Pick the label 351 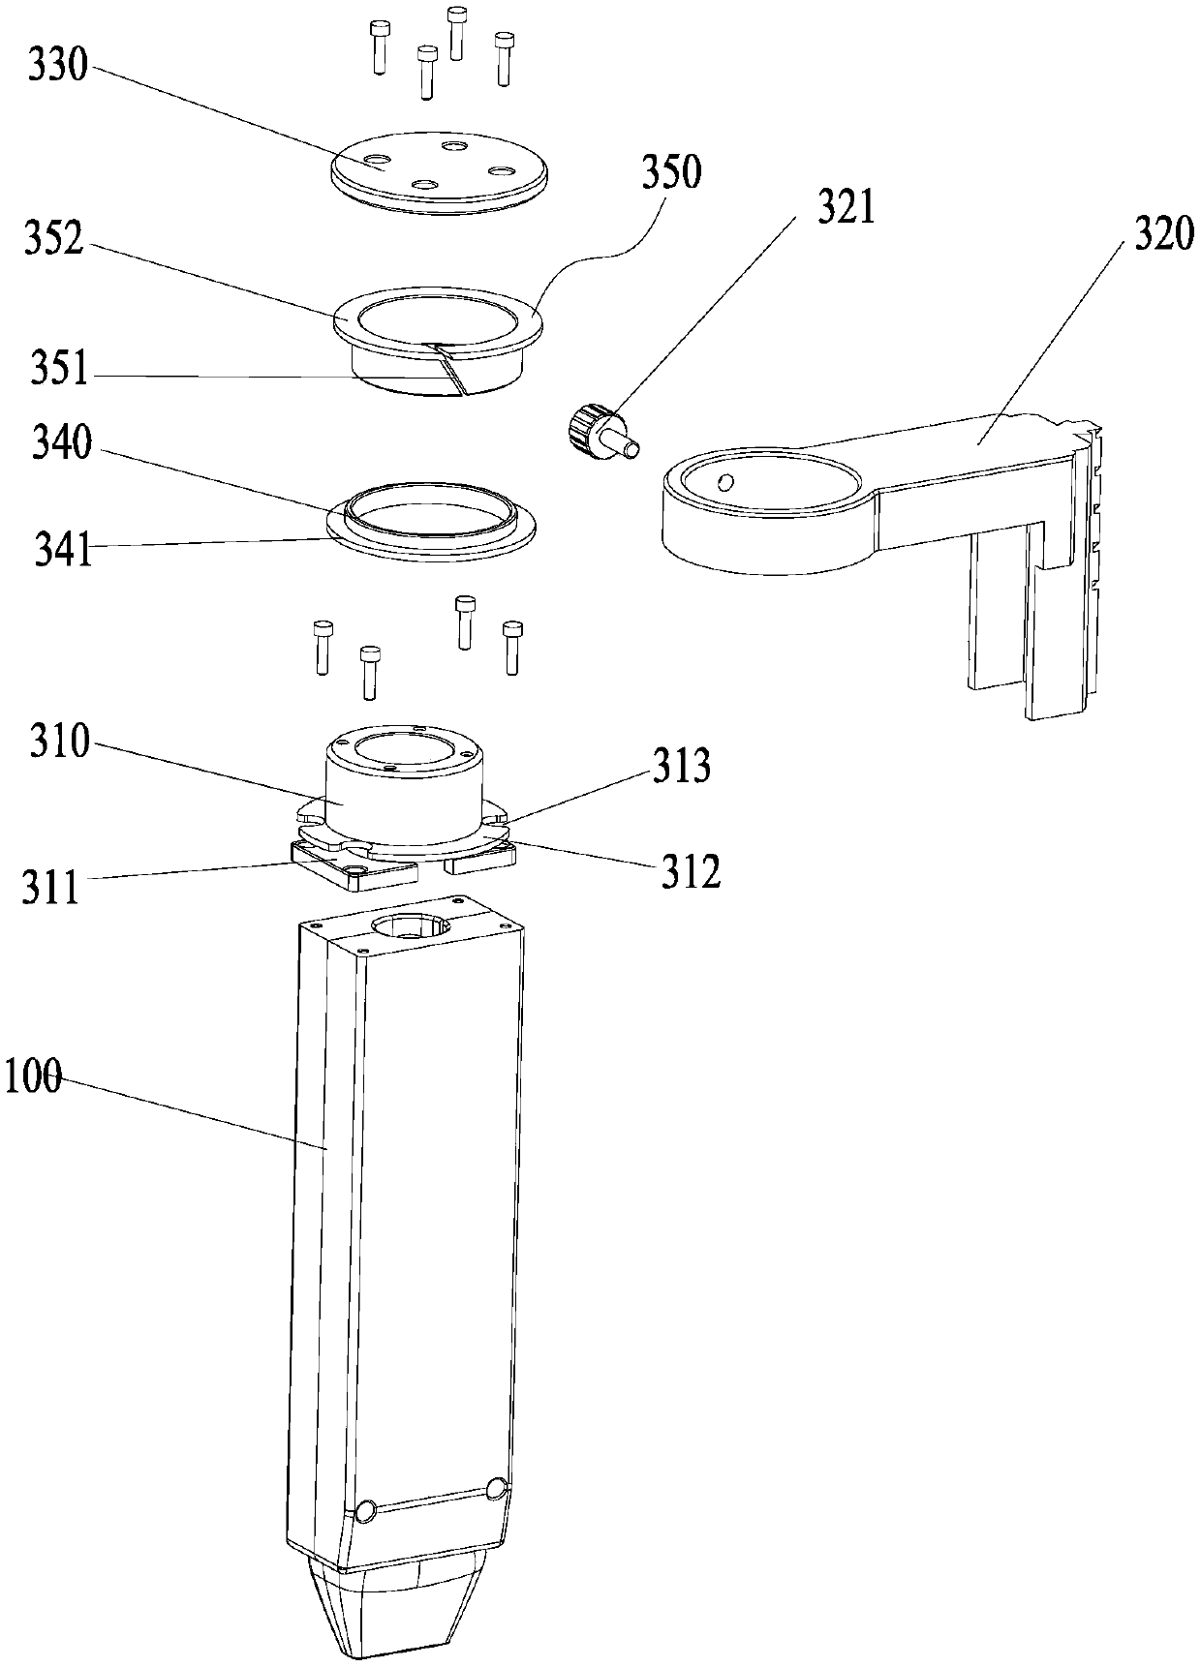click(59, 370)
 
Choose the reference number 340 click(63, 445)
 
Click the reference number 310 click(59, 743)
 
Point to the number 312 click(691, 871)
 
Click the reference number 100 click(32, 1076)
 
